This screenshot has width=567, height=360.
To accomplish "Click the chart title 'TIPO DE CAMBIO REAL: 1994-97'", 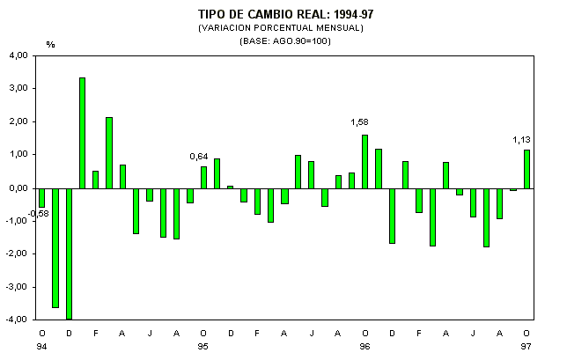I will coord(280,15).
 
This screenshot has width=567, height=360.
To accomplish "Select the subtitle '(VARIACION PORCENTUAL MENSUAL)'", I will coord(280,27).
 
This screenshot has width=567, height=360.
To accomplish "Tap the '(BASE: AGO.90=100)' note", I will coord(280,40).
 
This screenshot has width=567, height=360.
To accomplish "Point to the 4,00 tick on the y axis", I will coord(17,55).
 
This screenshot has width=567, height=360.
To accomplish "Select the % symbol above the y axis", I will coord(50,43).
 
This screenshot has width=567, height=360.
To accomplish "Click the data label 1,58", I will coord(359,122).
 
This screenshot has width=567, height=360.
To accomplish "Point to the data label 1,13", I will coord(522,138).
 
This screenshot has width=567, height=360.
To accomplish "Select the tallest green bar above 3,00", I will coord(82,132).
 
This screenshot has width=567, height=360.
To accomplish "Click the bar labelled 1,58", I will coord(364,161).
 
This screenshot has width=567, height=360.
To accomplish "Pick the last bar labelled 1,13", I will coord(526,168).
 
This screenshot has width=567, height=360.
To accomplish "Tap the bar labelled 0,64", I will coord(203,177).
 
